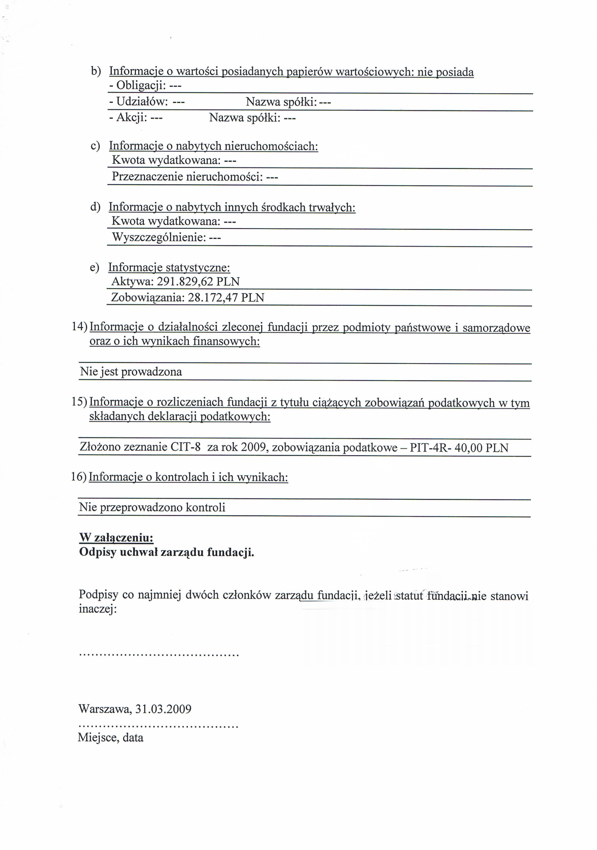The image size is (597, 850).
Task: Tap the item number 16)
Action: click(79, 477)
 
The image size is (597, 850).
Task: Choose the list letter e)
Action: click(94, 267)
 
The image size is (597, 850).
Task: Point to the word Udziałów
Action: click(142, 102)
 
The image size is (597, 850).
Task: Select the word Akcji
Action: click(132, 118)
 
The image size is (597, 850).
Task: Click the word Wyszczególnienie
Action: click(159, 237)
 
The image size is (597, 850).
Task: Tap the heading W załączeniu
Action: click(116, 538)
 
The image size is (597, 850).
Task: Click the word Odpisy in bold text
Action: click(98, 552)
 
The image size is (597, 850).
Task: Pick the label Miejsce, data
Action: click(110, 737)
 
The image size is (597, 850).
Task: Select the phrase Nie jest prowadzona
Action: click(131, 371)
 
